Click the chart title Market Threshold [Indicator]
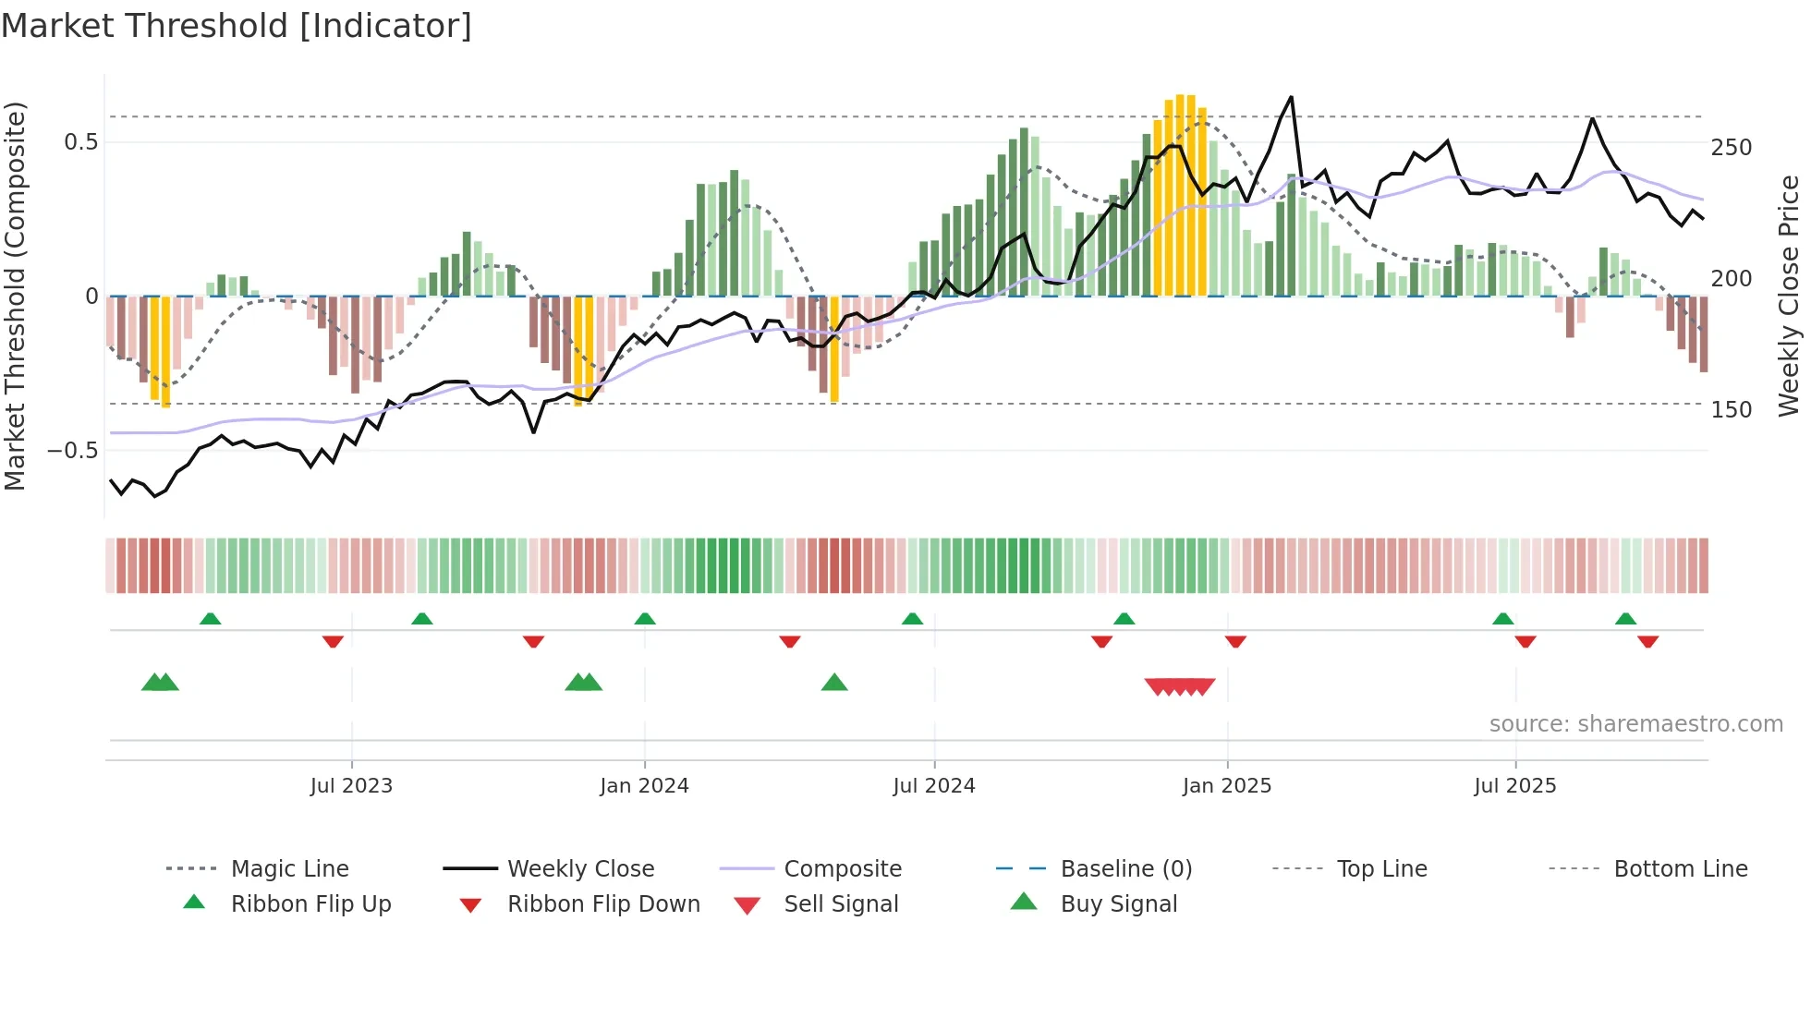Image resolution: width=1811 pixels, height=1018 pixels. point(237,26)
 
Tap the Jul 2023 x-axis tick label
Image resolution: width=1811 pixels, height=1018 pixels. point(351,786)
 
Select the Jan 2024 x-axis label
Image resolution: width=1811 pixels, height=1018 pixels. point(644,786)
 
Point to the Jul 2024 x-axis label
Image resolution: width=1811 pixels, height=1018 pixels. point(934,786)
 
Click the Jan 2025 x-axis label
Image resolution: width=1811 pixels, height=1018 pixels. point(1227,786)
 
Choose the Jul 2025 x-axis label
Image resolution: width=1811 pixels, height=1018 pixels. point(1515,786)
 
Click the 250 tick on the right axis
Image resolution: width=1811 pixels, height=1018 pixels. point(1731,148)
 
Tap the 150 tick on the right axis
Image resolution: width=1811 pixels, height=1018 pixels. point(1731,410)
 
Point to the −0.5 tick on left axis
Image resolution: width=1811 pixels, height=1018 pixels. point(73,451)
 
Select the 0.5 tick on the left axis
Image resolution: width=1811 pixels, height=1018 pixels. point(80,142)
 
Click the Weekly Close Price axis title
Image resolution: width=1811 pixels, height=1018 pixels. point(1789,296)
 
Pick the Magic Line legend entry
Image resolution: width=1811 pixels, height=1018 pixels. point(289,869)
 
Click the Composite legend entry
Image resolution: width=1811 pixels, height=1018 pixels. point(842,869)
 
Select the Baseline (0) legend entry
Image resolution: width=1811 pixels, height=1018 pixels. point(1125,869)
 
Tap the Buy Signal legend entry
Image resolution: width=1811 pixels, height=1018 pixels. point(1118,904)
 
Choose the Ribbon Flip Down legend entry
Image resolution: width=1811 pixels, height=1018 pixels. point(602,904)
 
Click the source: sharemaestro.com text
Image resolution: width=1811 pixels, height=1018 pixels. point(1635,724)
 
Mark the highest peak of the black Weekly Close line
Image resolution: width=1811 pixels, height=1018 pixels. point(1291,97)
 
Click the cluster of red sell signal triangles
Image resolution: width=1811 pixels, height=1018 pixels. point(1180,686)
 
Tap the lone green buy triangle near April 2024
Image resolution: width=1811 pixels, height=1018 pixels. point(834,683)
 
